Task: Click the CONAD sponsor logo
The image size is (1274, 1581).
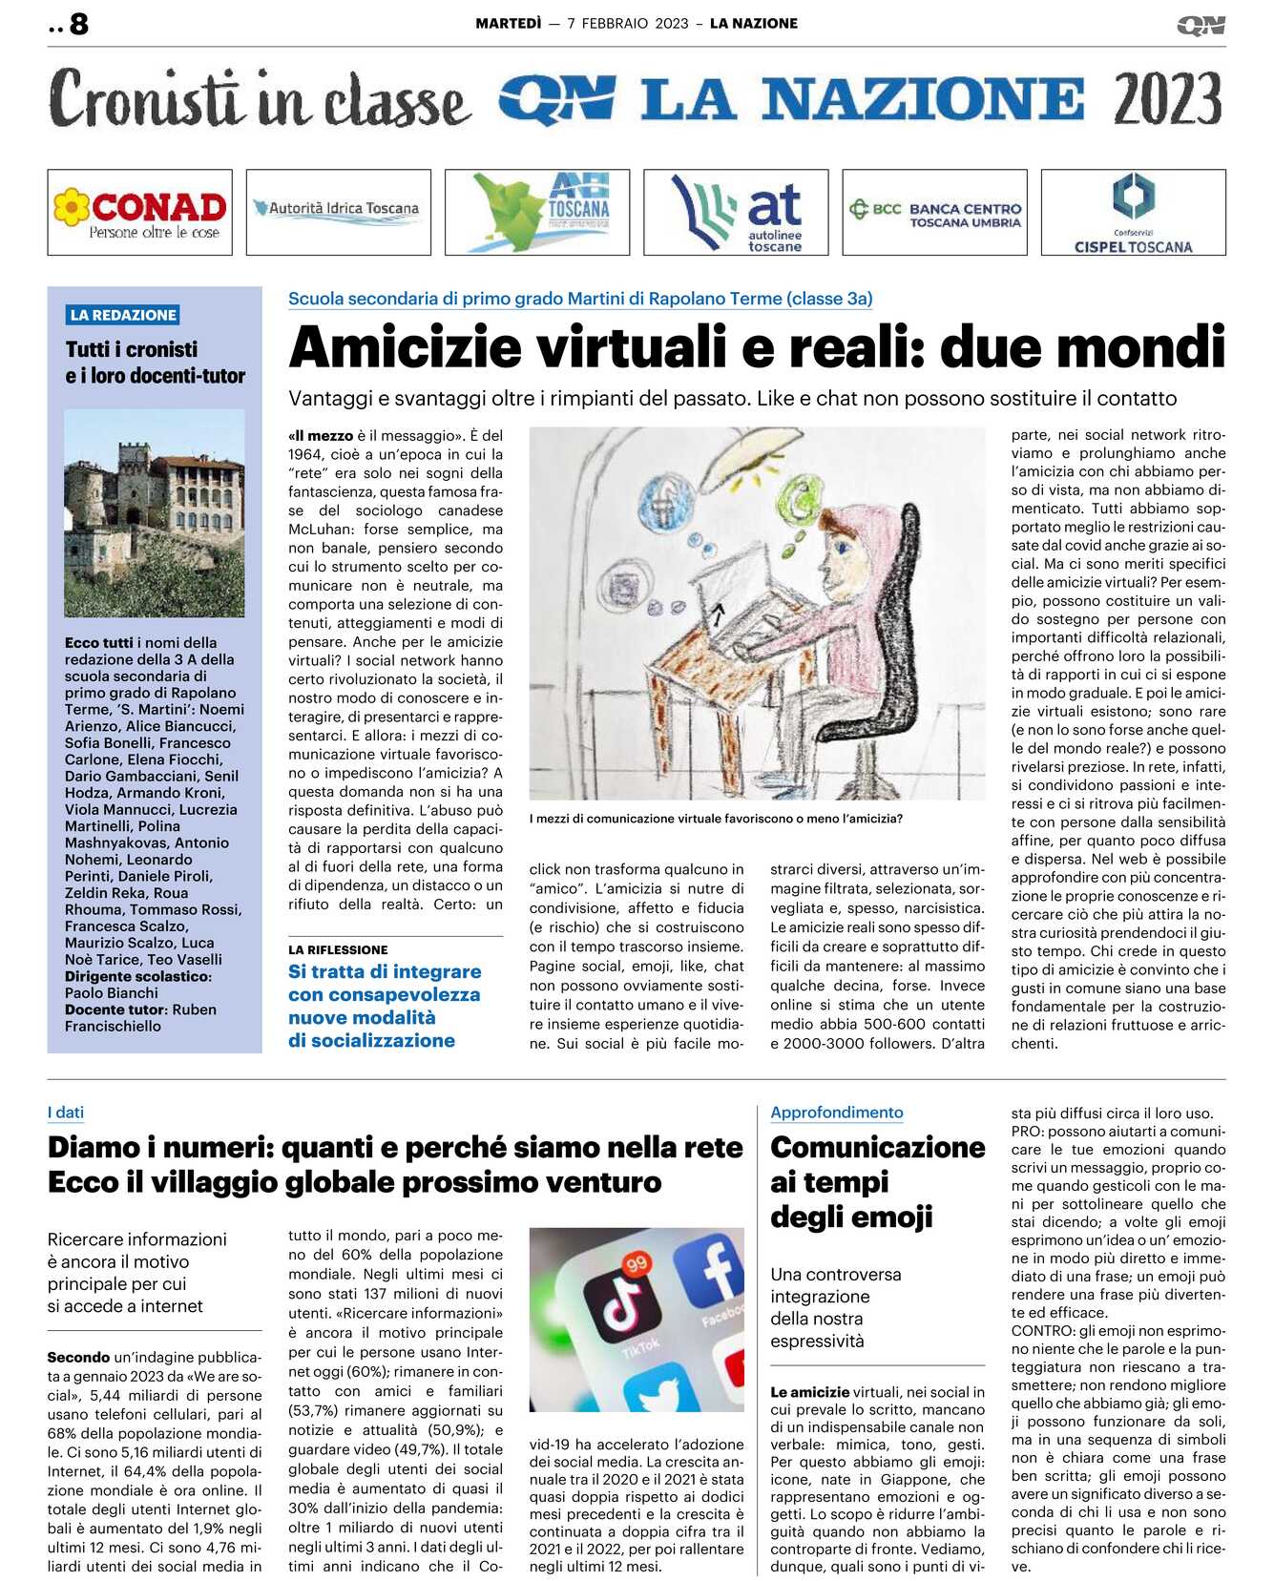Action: [140, 212]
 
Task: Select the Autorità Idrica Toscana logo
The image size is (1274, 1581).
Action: [338, 208]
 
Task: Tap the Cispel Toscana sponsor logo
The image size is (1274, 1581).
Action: [1133, 212]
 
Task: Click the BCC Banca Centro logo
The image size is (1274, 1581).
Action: [935, 212]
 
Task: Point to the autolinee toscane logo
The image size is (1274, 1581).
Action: [736, 212]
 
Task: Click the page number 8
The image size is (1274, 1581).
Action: [79, 24]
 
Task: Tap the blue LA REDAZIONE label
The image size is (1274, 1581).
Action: [123, 315]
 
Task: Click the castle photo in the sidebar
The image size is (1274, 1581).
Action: [155, 512]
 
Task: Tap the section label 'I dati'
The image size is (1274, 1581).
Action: [66, 1112]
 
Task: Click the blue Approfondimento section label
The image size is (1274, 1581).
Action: [836, 1112]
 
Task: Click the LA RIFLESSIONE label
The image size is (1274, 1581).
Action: [338, 949]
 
